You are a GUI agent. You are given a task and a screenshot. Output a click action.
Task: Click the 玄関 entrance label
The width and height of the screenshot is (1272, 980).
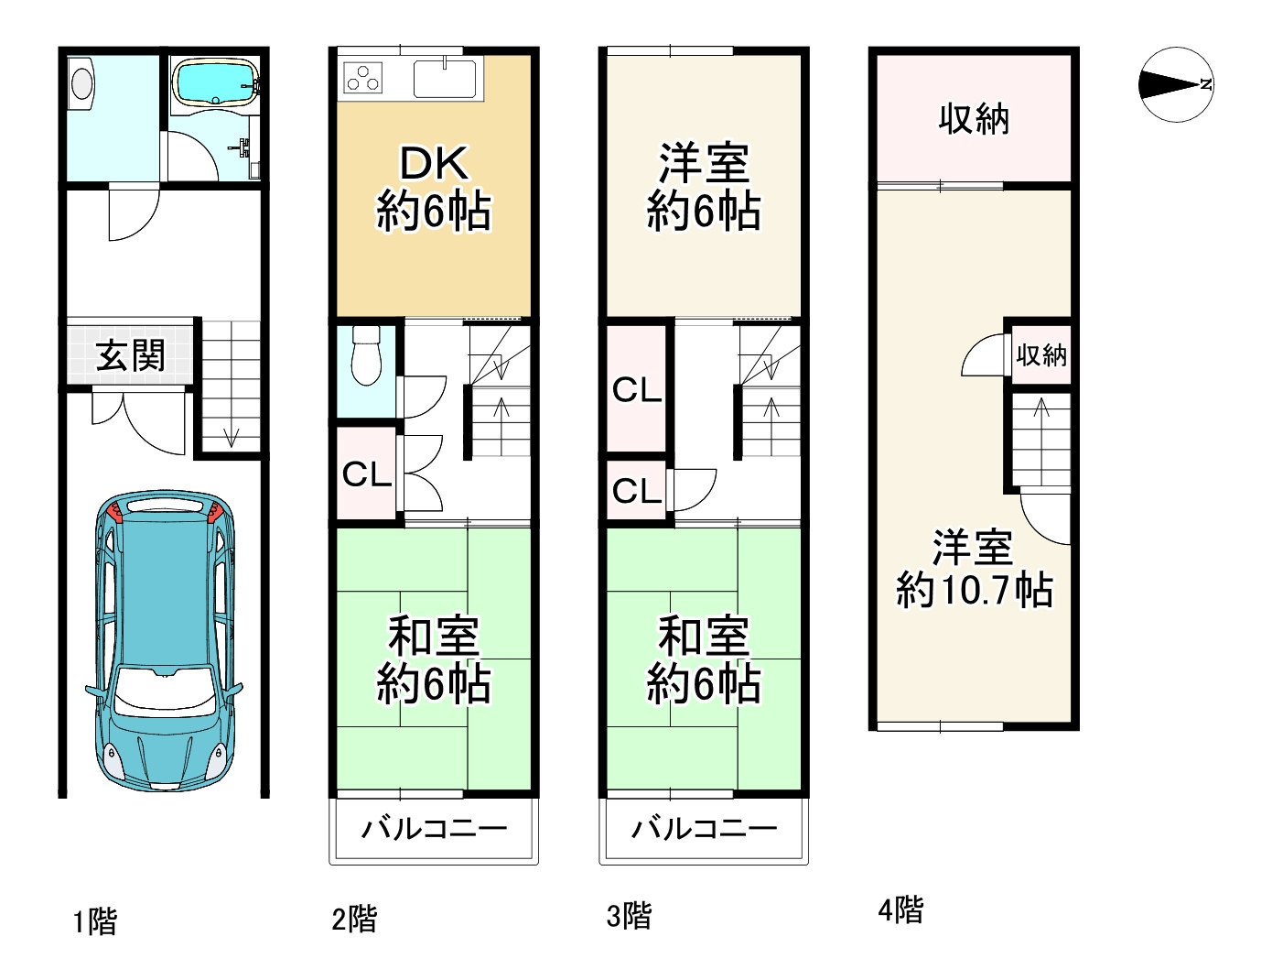point(130,355)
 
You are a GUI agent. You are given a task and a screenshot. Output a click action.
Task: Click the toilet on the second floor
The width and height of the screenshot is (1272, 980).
point(367,355)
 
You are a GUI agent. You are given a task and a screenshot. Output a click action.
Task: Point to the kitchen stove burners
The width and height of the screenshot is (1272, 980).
point(363,79)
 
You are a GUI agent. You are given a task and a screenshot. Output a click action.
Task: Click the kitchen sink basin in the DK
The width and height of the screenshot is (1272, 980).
point(445,79)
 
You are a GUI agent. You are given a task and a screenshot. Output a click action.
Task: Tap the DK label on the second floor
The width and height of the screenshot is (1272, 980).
point(434,163)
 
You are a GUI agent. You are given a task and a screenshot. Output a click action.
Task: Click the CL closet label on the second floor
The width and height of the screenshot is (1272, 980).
point(366,474)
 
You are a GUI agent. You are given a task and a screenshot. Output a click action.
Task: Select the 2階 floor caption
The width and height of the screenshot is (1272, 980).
point(354,918)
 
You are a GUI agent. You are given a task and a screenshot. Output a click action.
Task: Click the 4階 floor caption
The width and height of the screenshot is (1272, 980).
point(900,910)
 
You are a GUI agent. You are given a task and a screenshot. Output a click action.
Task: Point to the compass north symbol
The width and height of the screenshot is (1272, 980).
point(1176,84)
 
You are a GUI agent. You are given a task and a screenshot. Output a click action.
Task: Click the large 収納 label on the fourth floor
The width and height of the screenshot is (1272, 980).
point(974,119)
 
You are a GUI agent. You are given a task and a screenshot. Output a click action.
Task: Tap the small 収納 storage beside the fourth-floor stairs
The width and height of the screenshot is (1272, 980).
point(1041,355)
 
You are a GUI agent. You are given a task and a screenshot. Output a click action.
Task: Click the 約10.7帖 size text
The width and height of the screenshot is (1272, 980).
point(975,590)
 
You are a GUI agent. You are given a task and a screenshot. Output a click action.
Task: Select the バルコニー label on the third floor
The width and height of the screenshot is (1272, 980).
point(705,829)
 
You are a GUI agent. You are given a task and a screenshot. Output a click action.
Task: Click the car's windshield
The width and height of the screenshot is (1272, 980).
point(163,690)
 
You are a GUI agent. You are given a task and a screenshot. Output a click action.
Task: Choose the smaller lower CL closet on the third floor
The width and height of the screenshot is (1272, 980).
point(636,490)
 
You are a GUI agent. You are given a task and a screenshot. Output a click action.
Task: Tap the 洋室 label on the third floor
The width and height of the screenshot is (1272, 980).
point(704,163)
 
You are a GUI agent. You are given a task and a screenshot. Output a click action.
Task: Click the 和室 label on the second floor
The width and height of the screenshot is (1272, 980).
point(434,637)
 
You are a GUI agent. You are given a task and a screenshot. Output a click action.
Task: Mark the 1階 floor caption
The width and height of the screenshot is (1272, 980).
point(95,921)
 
